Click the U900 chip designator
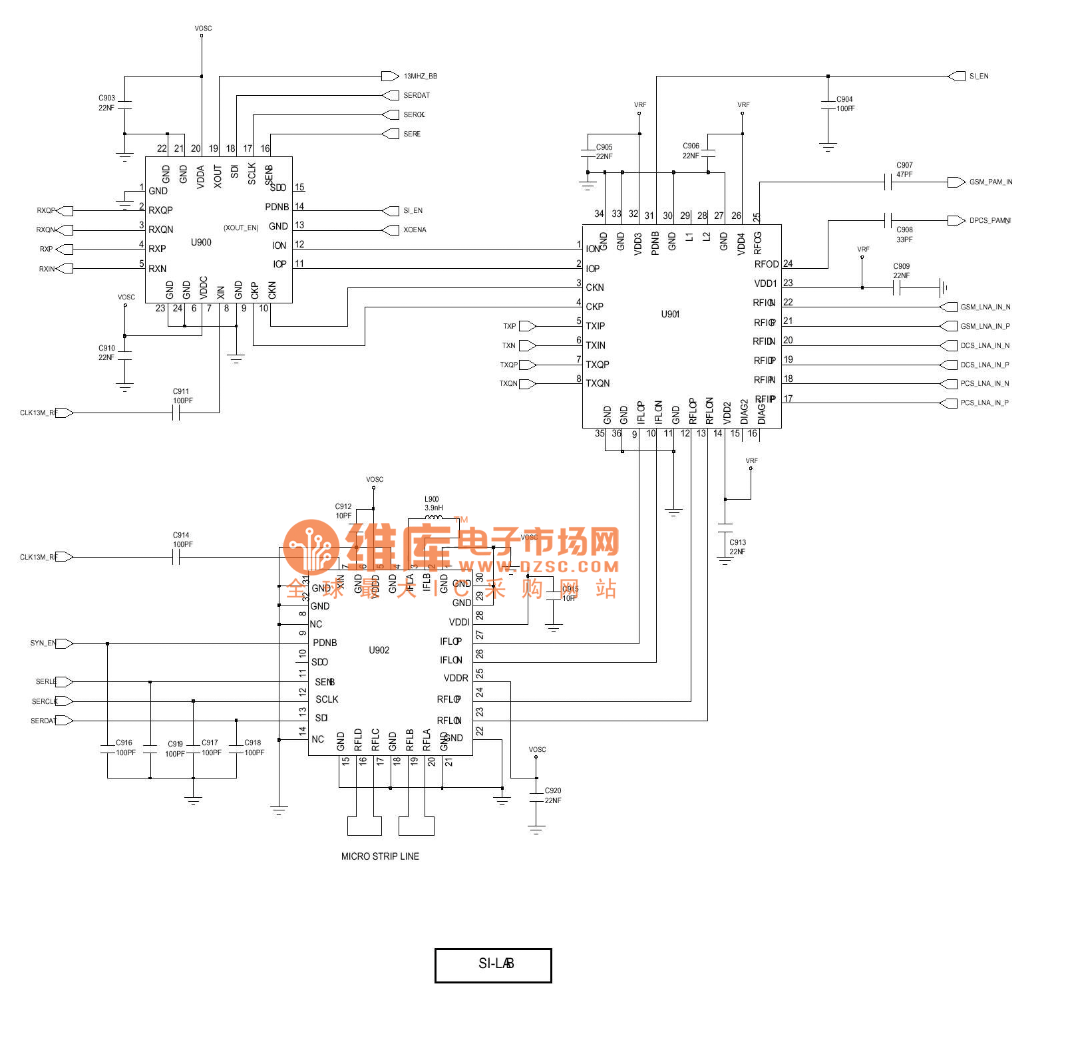201,242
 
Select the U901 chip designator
670,314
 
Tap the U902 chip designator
379,650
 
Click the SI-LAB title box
493,965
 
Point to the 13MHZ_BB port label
420,77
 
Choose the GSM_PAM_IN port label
990,182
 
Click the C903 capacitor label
106,98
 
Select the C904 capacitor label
844,99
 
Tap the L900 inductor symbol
433,517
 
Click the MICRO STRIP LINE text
380,856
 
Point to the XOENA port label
415,230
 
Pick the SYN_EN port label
43,643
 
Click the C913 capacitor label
737,542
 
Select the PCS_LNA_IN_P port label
984,403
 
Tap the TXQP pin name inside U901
598,365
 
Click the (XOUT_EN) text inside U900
241,228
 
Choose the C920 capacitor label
553,790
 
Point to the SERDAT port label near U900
417,95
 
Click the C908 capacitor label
904,230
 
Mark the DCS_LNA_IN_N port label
985,345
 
